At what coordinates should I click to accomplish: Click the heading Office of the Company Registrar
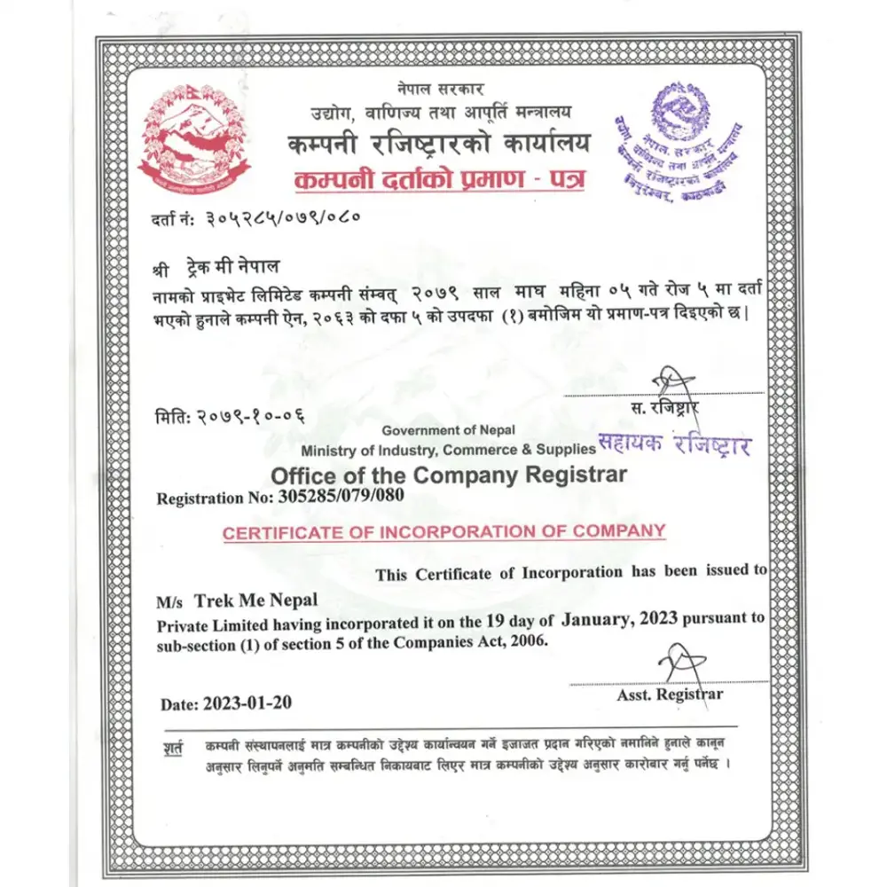(x=448, y=475)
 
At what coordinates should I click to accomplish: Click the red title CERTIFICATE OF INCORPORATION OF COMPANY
(x=443, y=533)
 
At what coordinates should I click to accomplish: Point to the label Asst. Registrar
(x=670, y=695)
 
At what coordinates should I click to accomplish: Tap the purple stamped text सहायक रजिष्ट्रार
(x=674, y=443)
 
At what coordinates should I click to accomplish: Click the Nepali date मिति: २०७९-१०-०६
(x=233, y=417)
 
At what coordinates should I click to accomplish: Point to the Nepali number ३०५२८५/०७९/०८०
(x=282, y=217)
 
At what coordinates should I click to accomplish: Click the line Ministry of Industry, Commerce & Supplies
(x=448, y=451)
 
